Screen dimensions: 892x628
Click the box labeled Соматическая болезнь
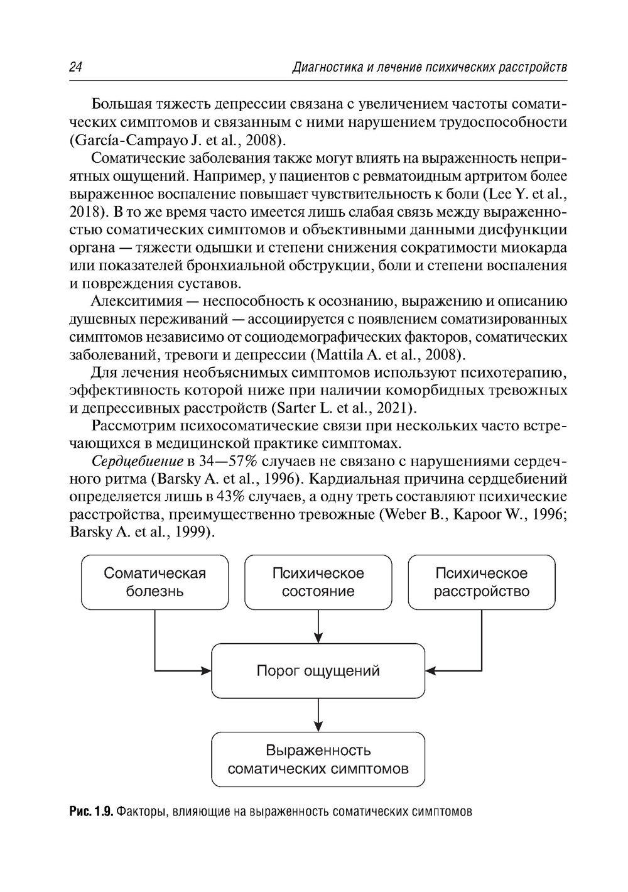[x=154, y=582]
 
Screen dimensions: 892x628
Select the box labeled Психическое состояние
[x=318, y=582]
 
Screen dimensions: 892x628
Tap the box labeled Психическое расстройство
[x=482, y=582]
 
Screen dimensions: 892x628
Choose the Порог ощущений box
[x=318, y=671]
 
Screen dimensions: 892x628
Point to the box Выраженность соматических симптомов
[x=318, y=759]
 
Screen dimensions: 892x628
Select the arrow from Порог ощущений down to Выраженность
[x=319, y=714]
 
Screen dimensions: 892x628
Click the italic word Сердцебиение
[x=133, y=462]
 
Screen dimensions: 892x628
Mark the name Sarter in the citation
[x=294, y=408]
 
